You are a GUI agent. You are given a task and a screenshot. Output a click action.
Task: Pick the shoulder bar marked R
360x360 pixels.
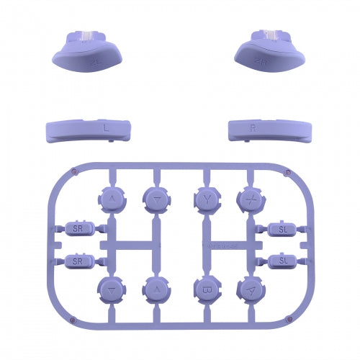[253, 129]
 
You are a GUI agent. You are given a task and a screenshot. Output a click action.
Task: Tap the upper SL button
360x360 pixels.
[282, 229]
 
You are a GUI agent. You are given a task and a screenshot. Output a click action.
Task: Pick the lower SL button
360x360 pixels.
[282, 259]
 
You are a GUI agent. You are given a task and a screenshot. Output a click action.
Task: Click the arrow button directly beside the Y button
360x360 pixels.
[156, 199]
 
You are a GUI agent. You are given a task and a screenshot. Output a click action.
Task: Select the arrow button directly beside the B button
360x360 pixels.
[156, 289]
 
